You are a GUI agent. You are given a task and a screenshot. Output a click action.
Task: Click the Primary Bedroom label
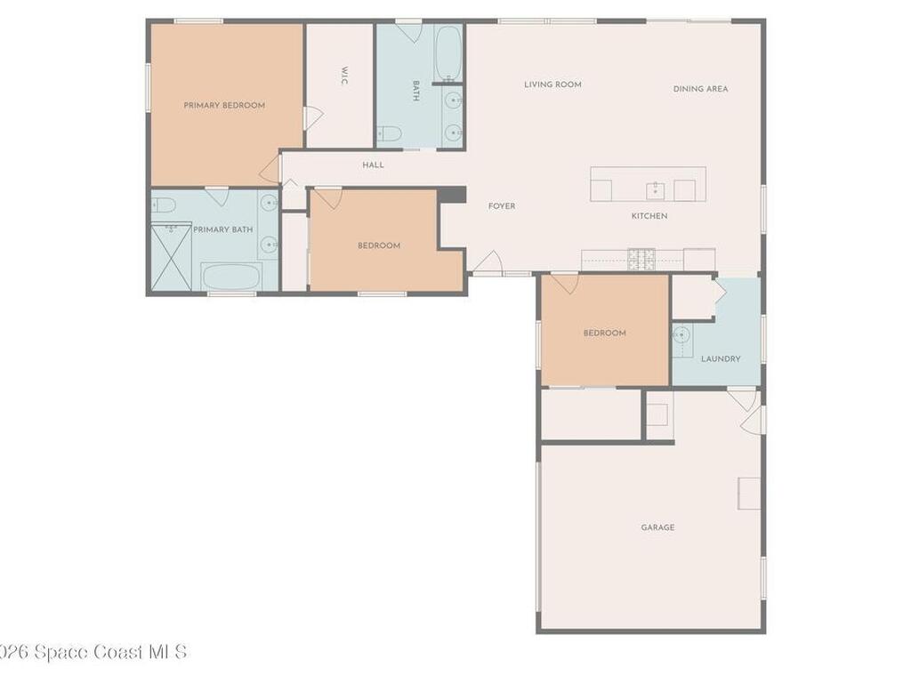(224, 105)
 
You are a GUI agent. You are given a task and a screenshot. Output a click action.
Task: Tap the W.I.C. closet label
(343, 76)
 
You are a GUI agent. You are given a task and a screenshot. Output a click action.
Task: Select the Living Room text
(552, 84)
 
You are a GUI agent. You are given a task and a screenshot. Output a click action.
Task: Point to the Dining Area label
(700, 89)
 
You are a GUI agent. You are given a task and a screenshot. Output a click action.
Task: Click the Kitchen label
(649, 216)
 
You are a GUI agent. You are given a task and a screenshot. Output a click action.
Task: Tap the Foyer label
(502, 206)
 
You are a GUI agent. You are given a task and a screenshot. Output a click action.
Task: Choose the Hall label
(374, 165)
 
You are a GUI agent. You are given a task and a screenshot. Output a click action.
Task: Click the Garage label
(657, 527)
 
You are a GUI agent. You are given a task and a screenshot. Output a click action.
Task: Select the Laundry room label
(721, 359)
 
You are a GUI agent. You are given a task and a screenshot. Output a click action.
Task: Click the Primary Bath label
(223, 229)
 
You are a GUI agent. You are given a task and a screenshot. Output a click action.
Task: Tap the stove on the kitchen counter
(641, 259)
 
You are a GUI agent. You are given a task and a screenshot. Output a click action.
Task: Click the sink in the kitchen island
(656, 189)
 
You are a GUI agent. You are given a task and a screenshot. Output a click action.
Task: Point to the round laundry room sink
(681, 336)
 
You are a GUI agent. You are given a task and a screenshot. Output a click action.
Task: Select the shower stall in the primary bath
(171, 257)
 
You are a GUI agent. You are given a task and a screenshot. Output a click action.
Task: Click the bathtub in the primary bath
(230, 276)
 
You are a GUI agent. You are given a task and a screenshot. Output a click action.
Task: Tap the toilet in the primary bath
(163, 205)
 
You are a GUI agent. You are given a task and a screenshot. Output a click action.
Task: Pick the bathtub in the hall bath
(447, 53)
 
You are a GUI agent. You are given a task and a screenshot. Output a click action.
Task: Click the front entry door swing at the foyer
(487, 262)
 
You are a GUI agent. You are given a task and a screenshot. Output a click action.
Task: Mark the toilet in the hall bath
(389, 134)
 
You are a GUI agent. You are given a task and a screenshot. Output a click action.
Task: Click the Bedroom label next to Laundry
(605, 333)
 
